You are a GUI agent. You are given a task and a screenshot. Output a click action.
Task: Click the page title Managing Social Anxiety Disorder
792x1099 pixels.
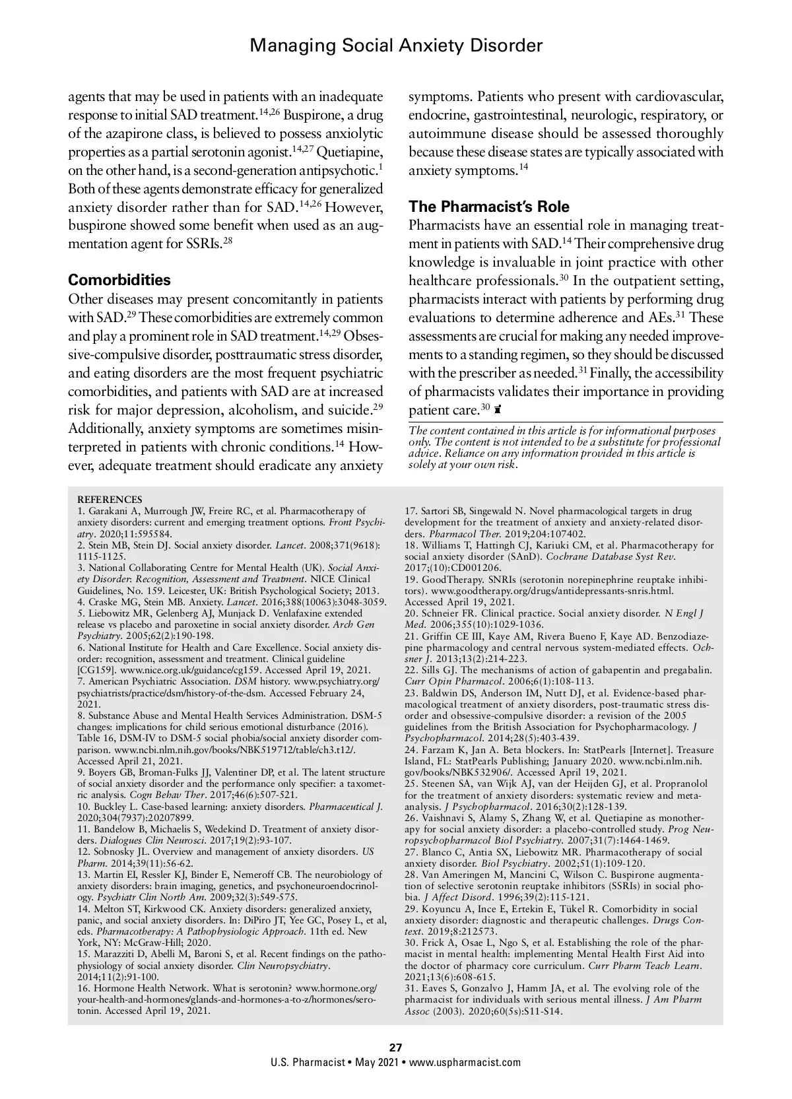coord(397,46)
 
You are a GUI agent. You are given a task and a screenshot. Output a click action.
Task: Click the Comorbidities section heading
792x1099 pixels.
coord(119,280)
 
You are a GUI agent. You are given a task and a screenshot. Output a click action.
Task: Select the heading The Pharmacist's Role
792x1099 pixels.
coord(488,207)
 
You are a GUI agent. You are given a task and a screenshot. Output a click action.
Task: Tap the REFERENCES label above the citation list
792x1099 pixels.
coord(110,500)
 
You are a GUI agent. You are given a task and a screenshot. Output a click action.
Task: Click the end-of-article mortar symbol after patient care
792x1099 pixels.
coord(498,411)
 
